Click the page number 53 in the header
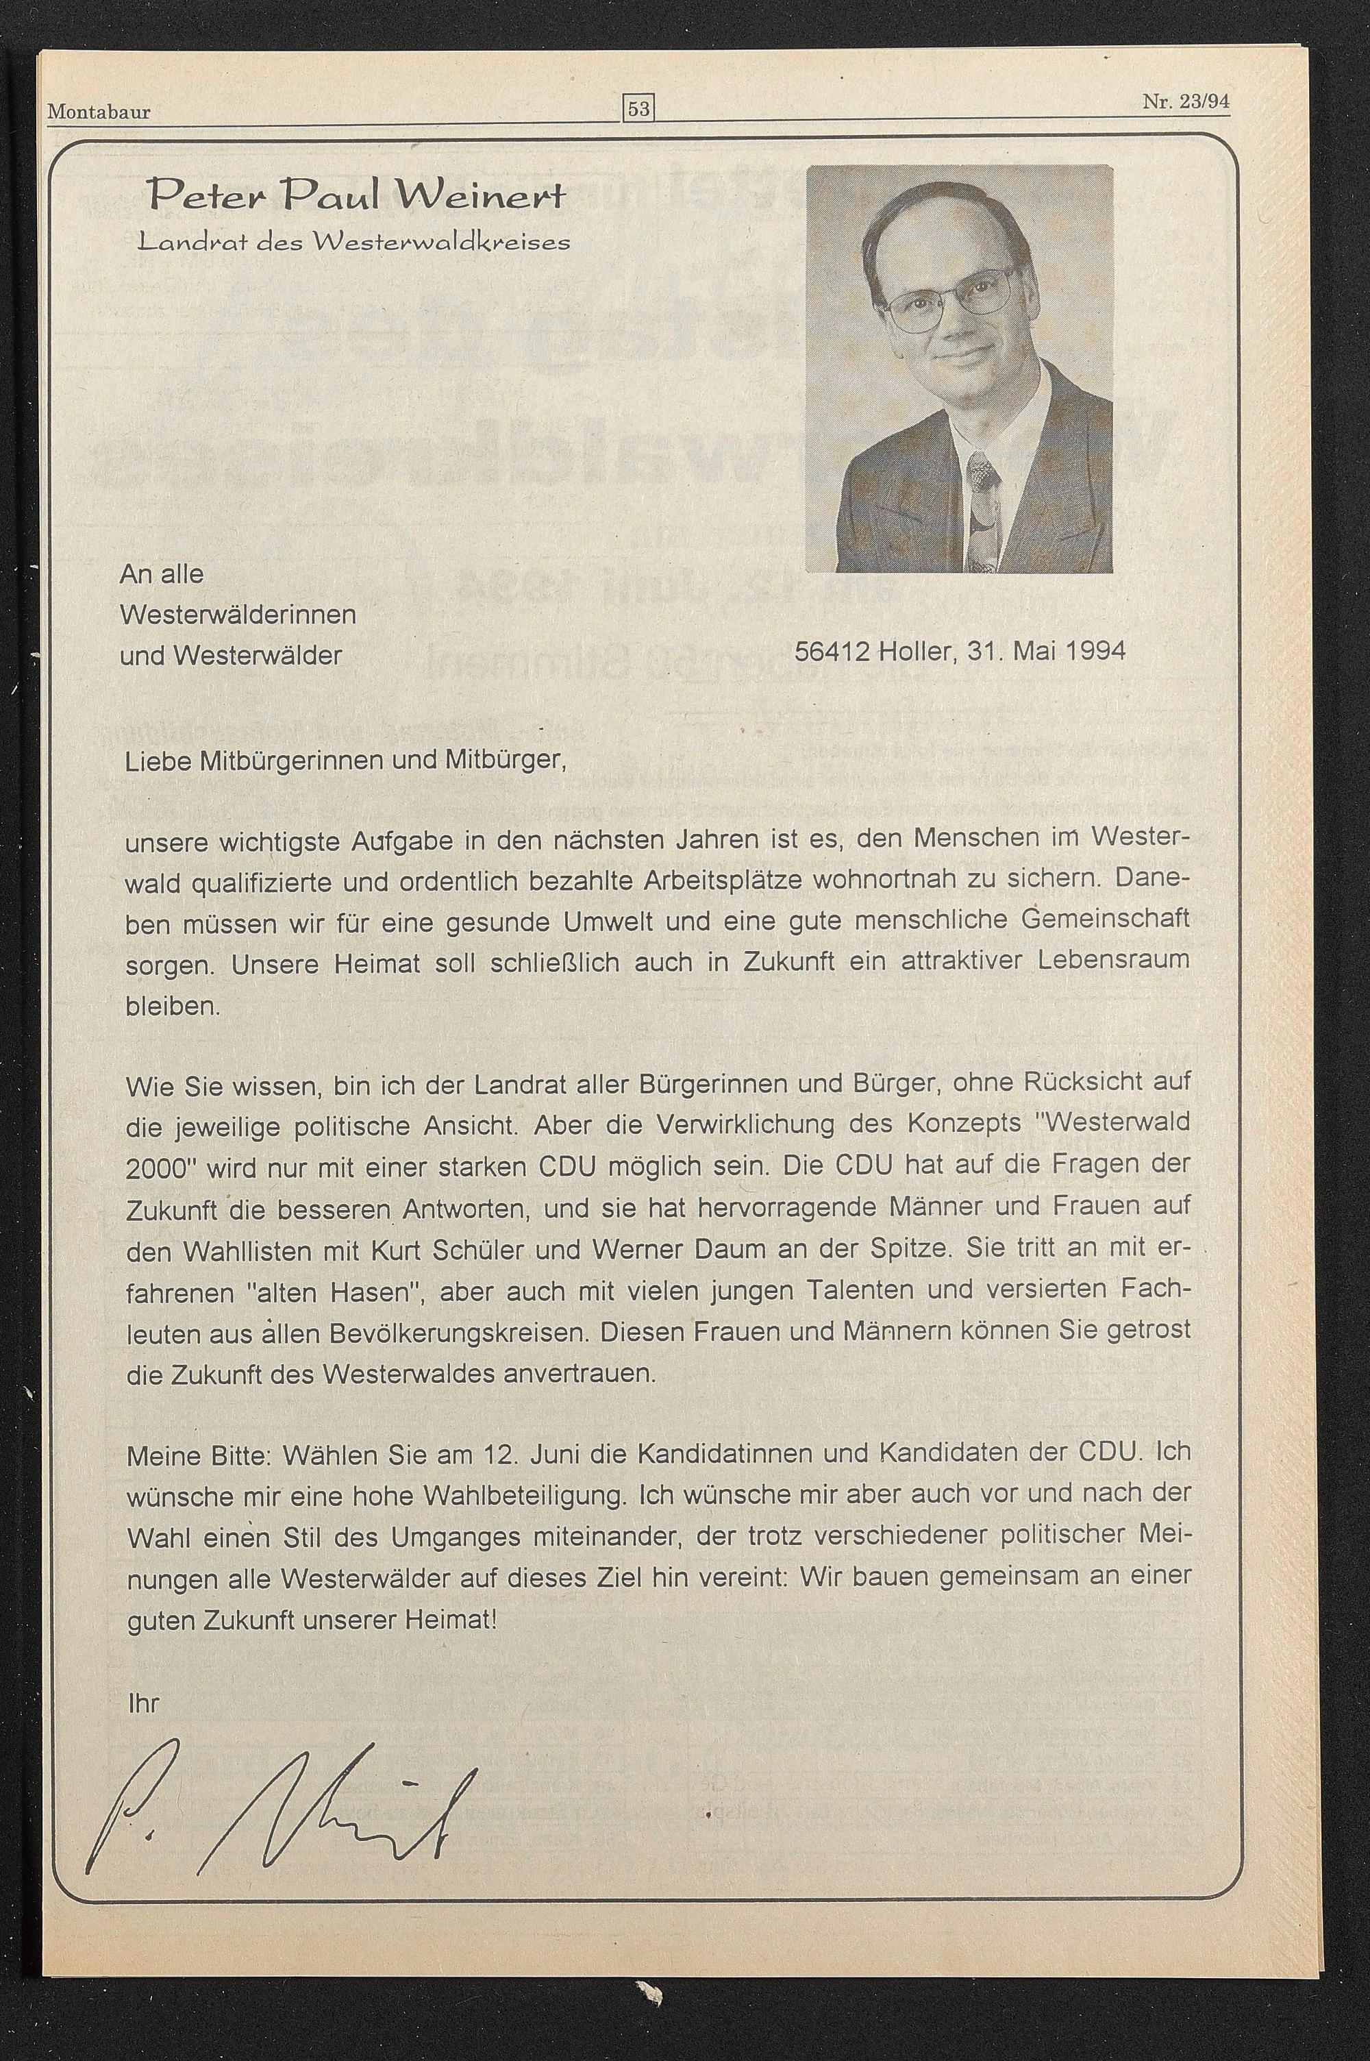pyautogui.click(x=638, y=109)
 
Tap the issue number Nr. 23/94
pyautogui.click(x=1185, y=101)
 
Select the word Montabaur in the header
pyautogui.click(x=99, y=112)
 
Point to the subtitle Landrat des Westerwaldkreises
pyautogui.click(x=354, y=241)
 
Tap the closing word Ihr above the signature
pyautogui.click(x=143, y=1703)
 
